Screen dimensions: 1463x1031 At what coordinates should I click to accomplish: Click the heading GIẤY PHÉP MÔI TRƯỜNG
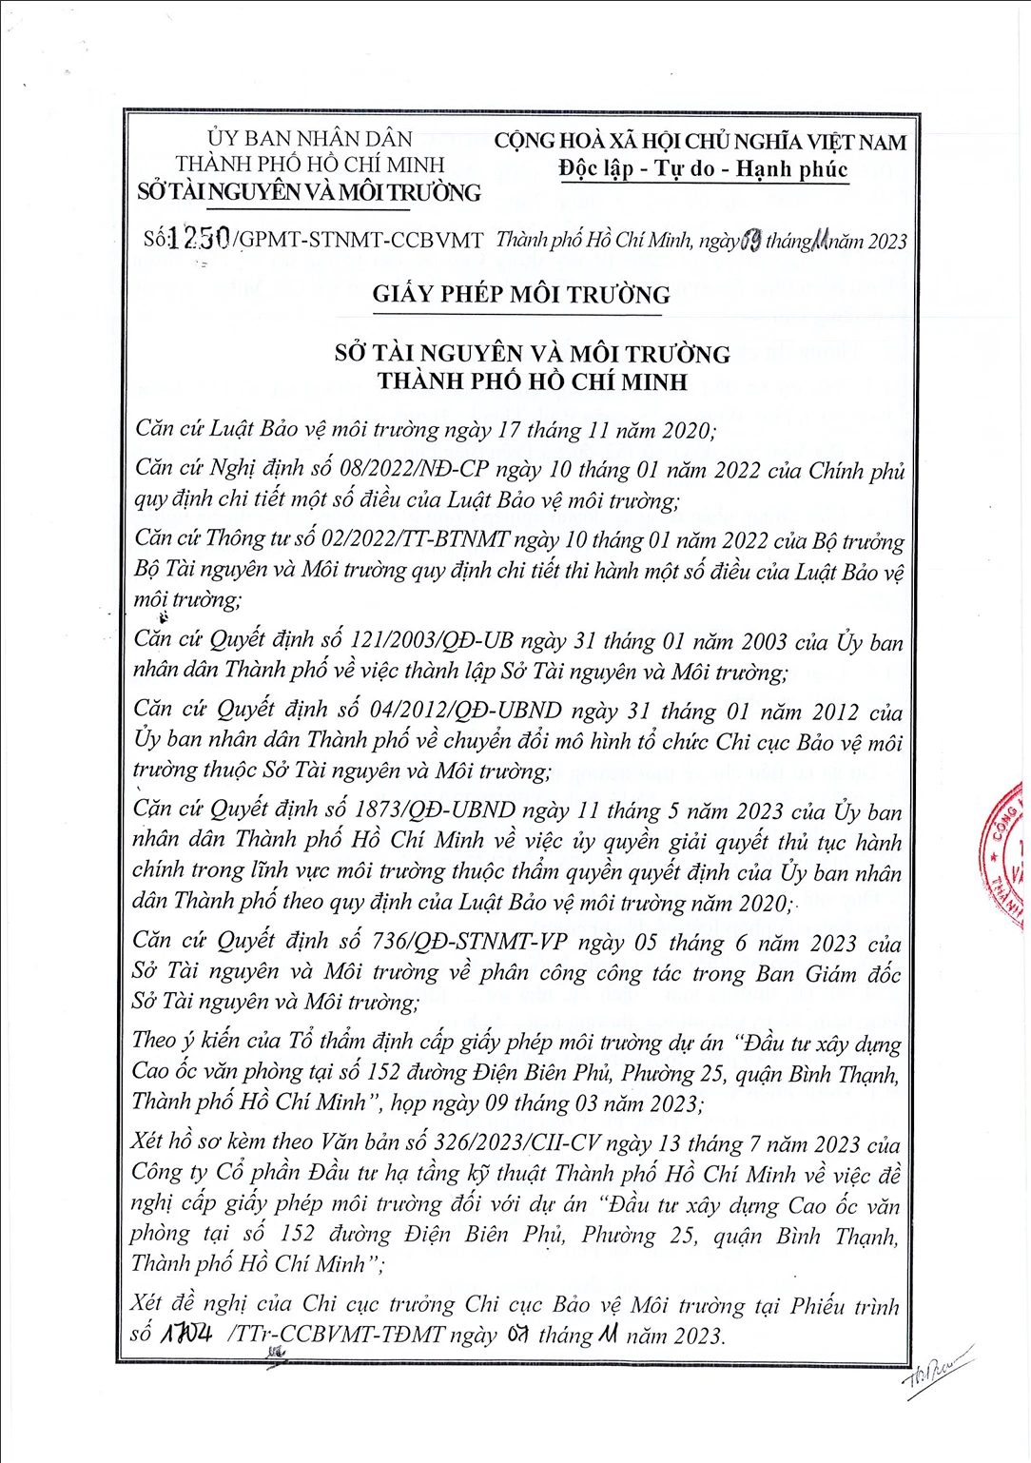(x=521, y=294)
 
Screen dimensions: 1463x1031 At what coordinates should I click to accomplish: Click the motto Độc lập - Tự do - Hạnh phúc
(x=703, y=169)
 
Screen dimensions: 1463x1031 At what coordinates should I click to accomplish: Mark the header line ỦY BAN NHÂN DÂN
(x=310, y=139)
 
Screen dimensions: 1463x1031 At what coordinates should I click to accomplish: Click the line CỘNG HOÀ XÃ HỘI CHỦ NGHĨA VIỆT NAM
(x=700, y=142)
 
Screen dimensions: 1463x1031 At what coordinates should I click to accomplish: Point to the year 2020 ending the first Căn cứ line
(x=686, y=430)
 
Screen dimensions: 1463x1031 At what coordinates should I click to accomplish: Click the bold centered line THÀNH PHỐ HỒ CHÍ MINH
(x=532, y=381)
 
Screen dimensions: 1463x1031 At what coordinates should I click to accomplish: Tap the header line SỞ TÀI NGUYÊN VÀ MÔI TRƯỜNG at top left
(x=309, y=192)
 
